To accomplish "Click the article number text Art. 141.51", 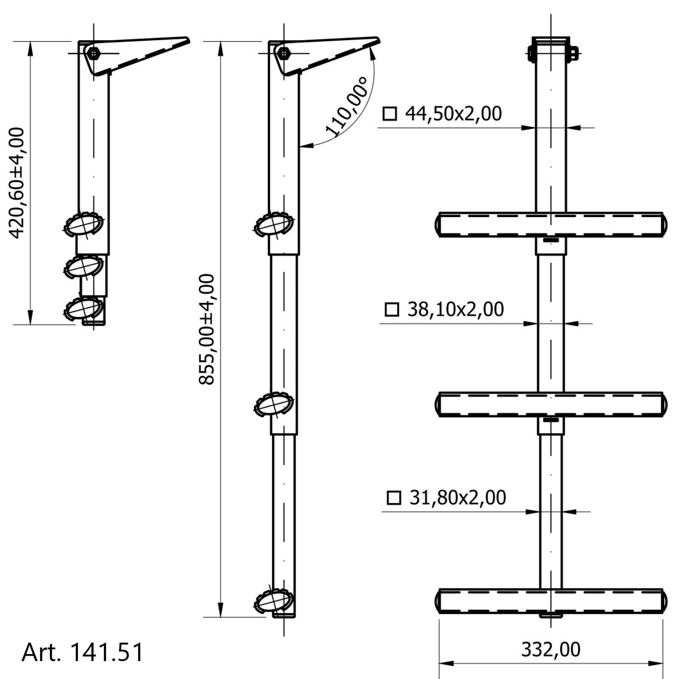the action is pyautogui.click(x=82, y=652).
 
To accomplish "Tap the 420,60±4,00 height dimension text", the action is pyautogui.click(x=16, y=183).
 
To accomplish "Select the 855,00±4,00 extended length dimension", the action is pyautogui.click(x=206, y=329).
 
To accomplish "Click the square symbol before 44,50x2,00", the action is pyautogui.click(x=390, y=114).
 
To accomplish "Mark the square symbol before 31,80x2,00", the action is pyautogui.click(x=394, y=498).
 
